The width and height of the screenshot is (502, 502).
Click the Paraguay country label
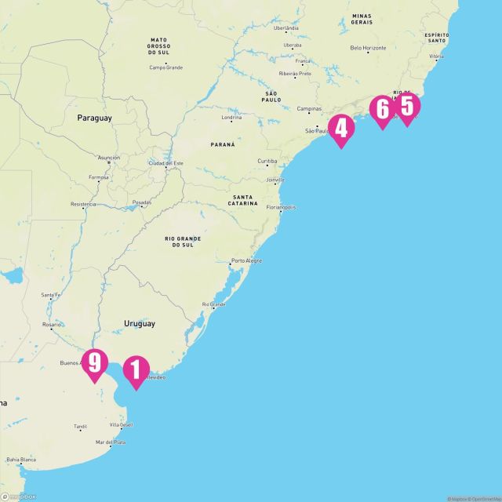click(94, 118)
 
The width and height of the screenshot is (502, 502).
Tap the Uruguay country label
click(139, 323)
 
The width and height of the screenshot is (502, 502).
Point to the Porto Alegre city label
click(246, 260)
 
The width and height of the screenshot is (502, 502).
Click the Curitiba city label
click(267, 162)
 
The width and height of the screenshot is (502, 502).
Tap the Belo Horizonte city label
click(369, 49)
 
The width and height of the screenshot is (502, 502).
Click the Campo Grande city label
click(166, 67)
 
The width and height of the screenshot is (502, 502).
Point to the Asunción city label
click(109, 157)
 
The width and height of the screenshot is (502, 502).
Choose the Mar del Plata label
click(110, 442)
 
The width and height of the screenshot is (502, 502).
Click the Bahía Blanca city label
click(22, 460)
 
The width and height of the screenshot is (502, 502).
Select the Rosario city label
click(52, 324)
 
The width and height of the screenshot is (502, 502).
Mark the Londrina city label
click(231, 118)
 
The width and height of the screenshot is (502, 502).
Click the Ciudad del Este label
click(167, 163)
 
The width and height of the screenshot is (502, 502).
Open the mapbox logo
click(19, 495)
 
